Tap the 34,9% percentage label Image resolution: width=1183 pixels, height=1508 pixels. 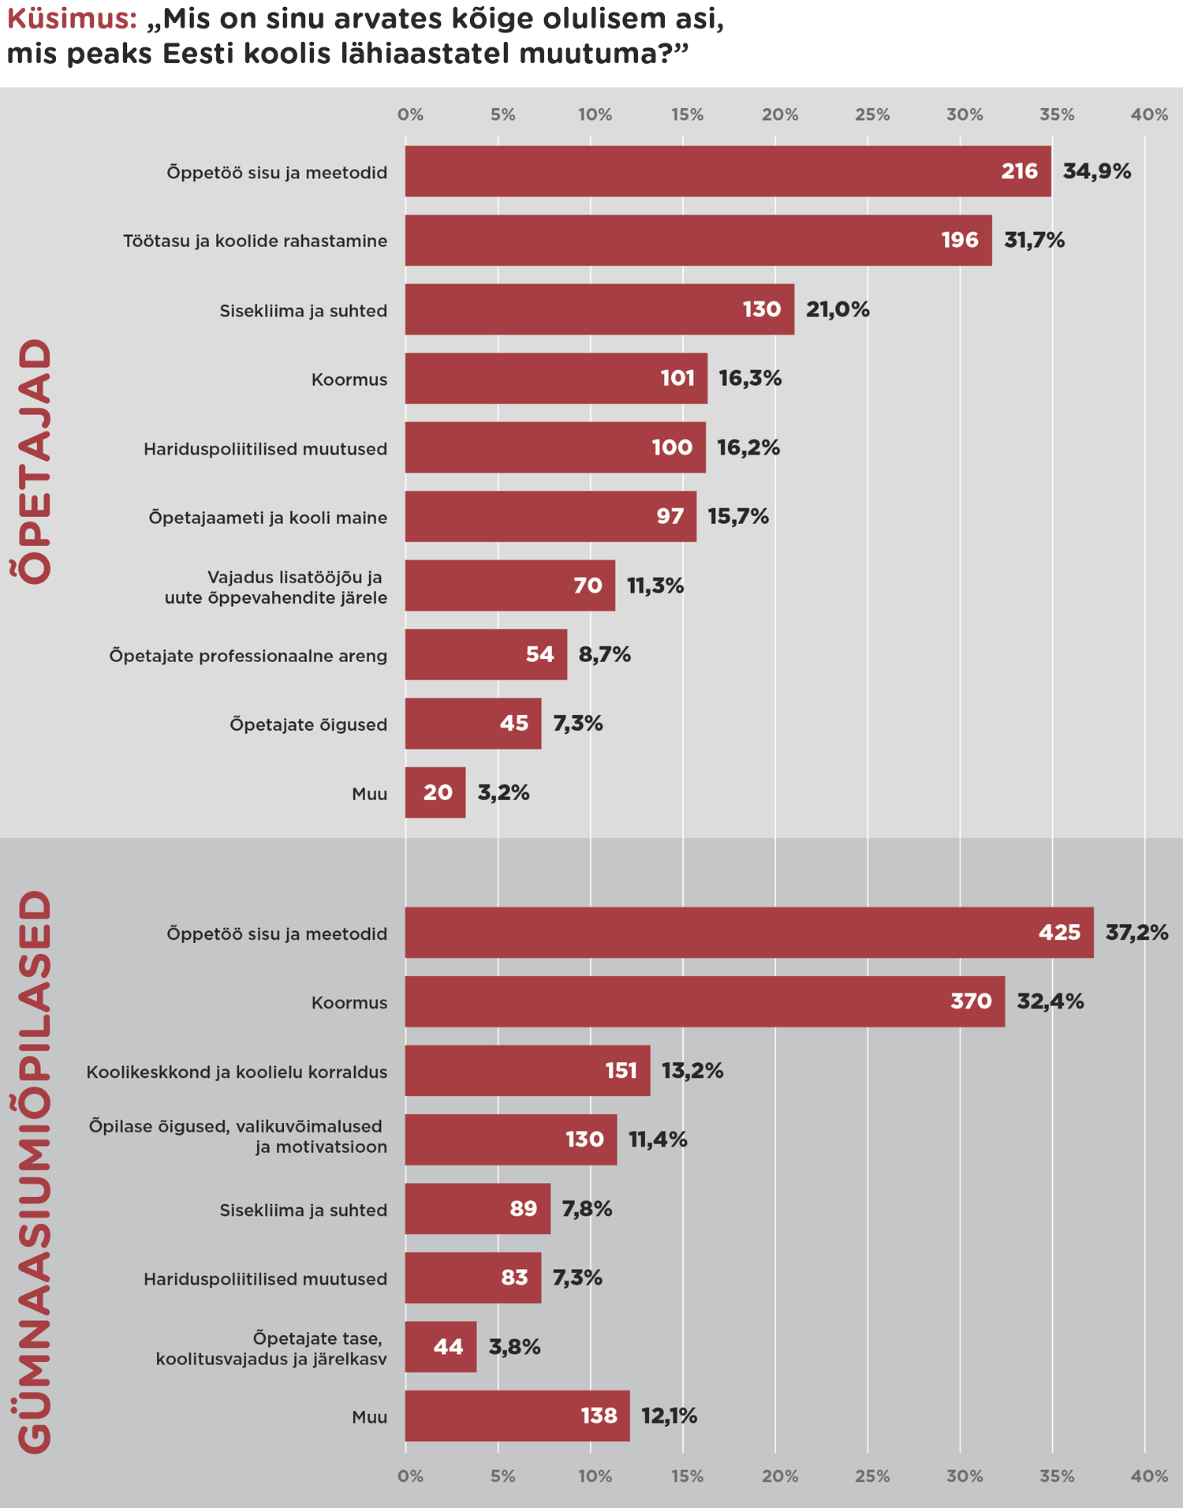[x=1096, y=171]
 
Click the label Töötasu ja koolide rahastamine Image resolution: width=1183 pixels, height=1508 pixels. [x=255, y=241]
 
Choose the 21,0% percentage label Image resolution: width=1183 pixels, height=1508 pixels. [x=838, y=309]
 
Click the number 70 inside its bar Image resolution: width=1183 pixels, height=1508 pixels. [x=588, y=586]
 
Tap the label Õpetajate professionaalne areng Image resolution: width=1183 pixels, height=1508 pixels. [x=248, y=656]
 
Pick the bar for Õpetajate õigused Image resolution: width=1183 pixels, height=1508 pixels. [x=473, y=724]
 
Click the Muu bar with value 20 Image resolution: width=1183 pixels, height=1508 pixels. [x=435, y=792]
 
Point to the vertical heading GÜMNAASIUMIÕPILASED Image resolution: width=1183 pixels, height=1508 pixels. [x=35, y=1171]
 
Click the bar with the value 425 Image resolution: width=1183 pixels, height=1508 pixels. [x=749, y=933]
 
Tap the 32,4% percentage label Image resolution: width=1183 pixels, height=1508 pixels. [x=1050, y=1001]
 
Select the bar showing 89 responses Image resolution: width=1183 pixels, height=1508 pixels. [x=477, y=1209]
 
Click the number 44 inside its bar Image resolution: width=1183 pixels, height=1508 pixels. [x=448, y=1347]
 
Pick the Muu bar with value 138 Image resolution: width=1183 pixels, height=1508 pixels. [x=517, y=1416]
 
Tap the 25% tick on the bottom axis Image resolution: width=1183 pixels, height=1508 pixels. [x=872, y=1476]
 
